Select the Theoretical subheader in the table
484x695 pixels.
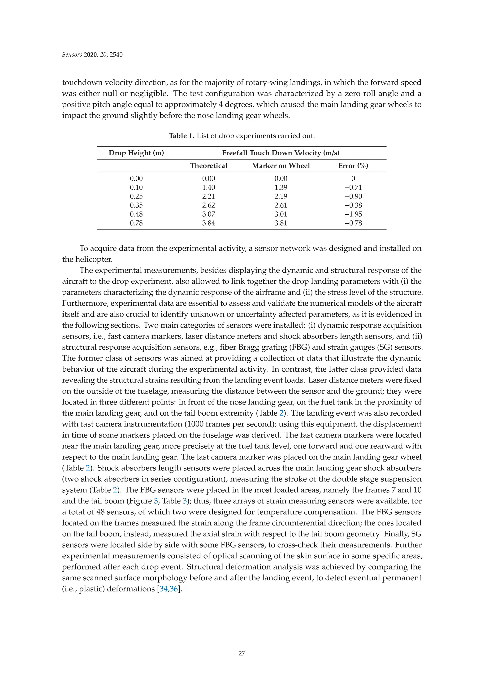[x=208, y=166]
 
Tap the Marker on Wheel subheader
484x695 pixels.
[x=281, y=166]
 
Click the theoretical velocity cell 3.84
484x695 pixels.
[x=208, y=223]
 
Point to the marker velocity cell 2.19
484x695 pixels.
[x=281, y=196]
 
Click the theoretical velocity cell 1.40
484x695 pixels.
[x=208, y=187]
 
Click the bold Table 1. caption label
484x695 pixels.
[x=181, y=136]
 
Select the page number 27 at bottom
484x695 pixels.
[x=242, y=653]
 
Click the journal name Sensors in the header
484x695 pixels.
[x=72, y=55]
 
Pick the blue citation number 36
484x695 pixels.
[x=174, y=589]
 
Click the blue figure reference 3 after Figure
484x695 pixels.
[x=156, y=501]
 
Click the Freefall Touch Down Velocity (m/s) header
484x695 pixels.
[x=281, y=153]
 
